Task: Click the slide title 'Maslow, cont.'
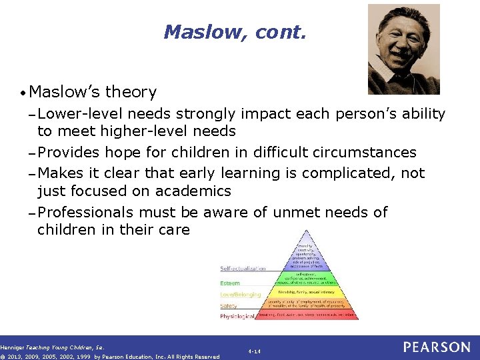[235, 31]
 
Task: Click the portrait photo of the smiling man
[404, 49]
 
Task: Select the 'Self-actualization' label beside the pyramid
[243, 269]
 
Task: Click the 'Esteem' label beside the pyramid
[230, 283]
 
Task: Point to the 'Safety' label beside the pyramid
[229, 305]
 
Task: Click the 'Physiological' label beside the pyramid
[237, 316]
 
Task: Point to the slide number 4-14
[254, 351]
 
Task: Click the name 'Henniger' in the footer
[12, 347]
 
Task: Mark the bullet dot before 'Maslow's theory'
[23, 93]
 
